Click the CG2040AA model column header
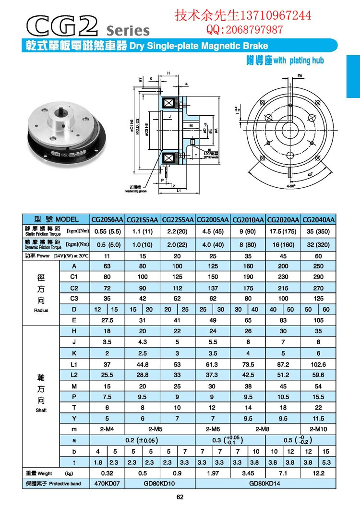tap(318, 220)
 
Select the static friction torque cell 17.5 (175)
tap(283, 230)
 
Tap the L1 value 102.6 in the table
tap(318, 364)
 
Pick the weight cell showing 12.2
tap(318, 473)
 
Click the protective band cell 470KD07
tap(107, 484)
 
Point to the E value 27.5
tap(107, 320)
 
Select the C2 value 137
tap(213, 288)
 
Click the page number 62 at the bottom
tap(180, 497)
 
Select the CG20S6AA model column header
tap(107, 220)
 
